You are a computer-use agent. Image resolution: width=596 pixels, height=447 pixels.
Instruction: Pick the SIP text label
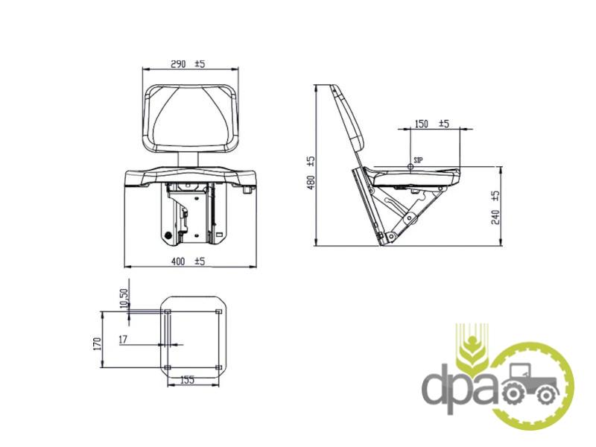(418, 160)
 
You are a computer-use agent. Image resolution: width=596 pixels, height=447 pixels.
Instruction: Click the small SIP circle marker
(410, 166)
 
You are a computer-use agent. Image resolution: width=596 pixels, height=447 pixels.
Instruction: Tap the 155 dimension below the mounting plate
(187, 379)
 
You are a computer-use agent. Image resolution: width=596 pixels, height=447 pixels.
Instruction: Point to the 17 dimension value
(123, 340)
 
